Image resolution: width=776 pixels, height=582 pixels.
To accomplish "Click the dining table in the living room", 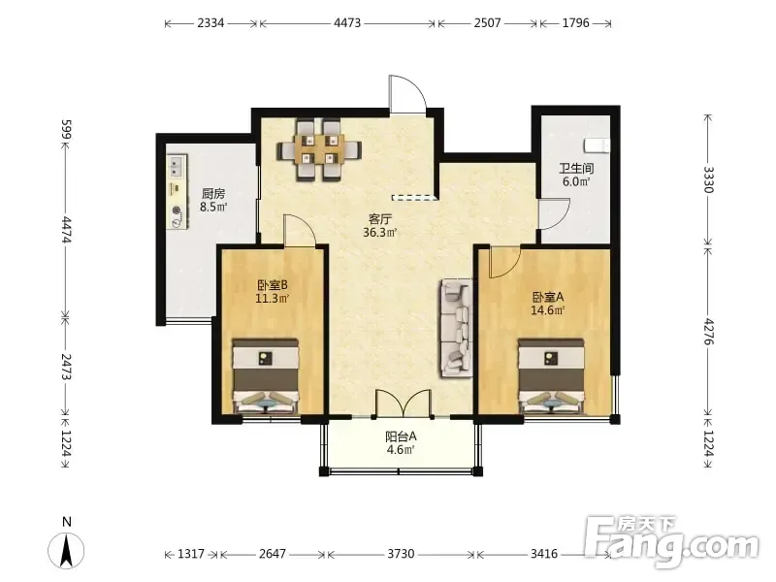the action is [319, 150].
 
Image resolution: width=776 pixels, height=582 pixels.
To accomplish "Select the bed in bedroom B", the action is [266, 376].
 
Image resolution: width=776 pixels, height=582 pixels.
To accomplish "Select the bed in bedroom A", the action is [551, 376].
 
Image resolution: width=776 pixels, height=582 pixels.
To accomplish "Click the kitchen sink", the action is [177, 166].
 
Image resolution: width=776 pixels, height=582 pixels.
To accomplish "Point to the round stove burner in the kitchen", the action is [177, 210].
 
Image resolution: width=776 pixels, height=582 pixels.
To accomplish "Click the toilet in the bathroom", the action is [597, 145].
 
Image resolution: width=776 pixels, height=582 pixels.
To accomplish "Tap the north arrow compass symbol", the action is [66, 550].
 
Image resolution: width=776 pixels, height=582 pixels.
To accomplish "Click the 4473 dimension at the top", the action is [347, 22].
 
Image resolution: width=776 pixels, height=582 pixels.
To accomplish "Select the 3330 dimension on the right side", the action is [709, 179].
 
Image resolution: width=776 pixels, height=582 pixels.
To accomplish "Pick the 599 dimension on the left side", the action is [67, 130].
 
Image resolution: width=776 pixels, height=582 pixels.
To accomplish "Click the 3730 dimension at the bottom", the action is [401, 553].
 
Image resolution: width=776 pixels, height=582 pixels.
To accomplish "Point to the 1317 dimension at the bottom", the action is [191, 553].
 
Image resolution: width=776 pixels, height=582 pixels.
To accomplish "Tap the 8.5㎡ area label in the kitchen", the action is [213, 207].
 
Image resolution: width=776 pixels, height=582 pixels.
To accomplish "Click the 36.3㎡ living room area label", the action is [380, 232].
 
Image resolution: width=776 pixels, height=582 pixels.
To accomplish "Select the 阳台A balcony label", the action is [401, 436].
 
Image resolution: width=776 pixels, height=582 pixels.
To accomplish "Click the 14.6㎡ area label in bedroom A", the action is [548, 310].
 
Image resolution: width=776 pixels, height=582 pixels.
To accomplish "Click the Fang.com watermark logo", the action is [670, 542].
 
